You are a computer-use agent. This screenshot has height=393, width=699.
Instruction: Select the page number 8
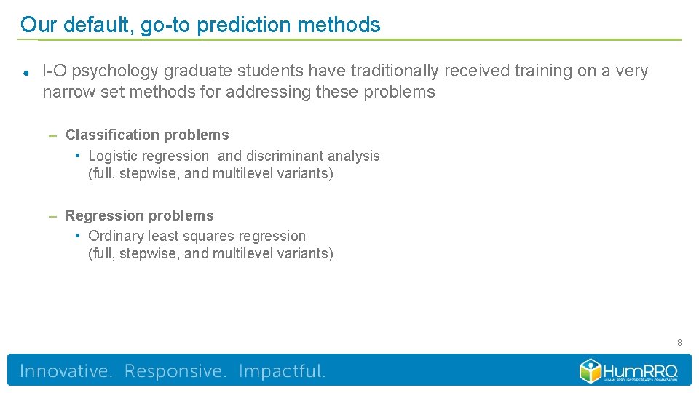pyautogui.click(x=679, y=342)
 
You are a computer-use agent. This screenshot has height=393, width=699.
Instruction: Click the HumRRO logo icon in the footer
pyautogui.click(x=591, y=370)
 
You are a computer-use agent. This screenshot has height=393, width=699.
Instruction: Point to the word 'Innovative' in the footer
pyautogui.click(x=66, y=371)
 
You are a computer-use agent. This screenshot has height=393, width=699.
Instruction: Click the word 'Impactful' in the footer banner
pyautogui.click(x=282, y=371)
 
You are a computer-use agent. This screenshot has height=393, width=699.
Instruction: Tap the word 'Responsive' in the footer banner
pyautogui.click(x=175, y=371)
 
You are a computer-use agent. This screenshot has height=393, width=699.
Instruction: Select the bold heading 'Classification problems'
pyautogui.click(x=147, y=135)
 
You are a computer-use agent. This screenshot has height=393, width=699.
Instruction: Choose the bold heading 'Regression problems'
pyautogui.click(x=140, y=215)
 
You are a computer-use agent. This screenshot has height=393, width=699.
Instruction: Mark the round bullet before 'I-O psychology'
pyautogui.click(x=25, y=72)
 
